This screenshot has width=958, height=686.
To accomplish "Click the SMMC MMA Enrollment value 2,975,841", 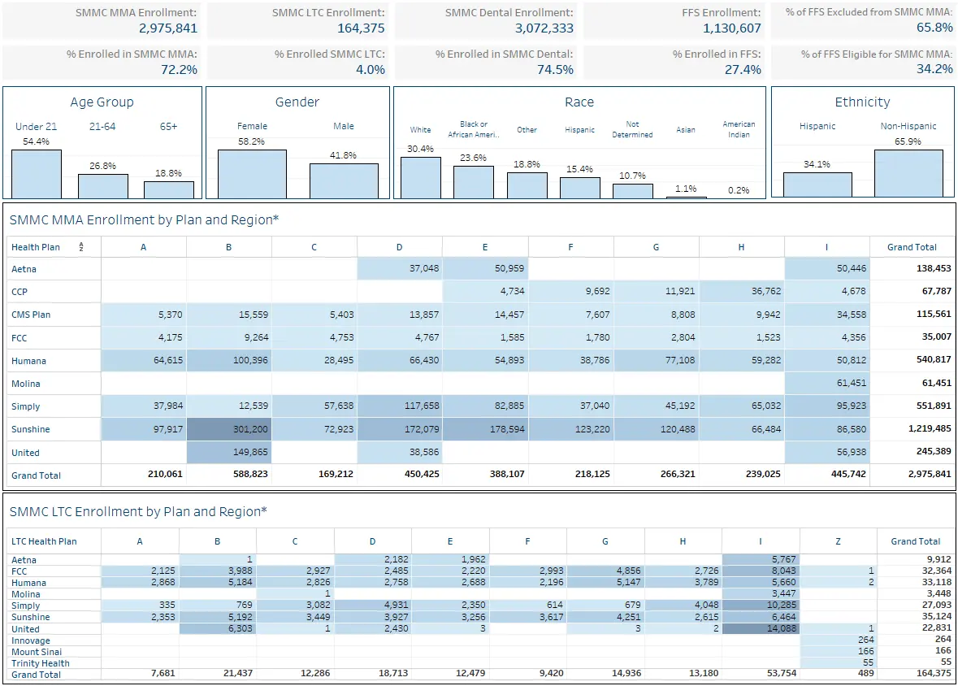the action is tap(168, 28).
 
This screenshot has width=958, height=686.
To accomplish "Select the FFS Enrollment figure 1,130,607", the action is tap(732, 28).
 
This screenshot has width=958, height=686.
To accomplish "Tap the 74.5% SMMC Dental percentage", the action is tap(555, 70).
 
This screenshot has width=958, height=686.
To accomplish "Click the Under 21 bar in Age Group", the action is tap(37, 174).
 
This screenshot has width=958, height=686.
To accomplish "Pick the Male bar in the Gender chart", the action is tap(344, 181).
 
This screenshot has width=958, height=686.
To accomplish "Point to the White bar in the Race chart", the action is tap(421, 177).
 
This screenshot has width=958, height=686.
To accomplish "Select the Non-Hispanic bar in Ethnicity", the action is tap(908, 174).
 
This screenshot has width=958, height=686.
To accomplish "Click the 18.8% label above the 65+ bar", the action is tap(169, 173).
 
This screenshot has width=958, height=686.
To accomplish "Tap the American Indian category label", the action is tap(739, 129).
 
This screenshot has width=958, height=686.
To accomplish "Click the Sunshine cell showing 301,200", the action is tap(229, 429).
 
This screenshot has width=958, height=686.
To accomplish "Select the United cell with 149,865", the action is tap(229, 453).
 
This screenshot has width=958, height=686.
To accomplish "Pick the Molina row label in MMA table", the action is tap(26, 384).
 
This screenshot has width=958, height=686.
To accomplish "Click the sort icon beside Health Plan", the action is tap(80, 247).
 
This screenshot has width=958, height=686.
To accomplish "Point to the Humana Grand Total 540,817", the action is tap(934, 359).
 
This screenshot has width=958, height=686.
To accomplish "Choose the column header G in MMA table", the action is tap(657, 247).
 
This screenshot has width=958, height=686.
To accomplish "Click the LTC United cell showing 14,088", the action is tap(761, 628).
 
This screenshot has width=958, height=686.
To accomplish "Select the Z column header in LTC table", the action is tap(839, 541).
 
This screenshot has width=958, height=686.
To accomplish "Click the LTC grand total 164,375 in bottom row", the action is tap(934, 673).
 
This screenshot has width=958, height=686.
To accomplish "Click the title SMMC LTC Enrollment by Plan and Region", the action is tap(138, 512).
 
